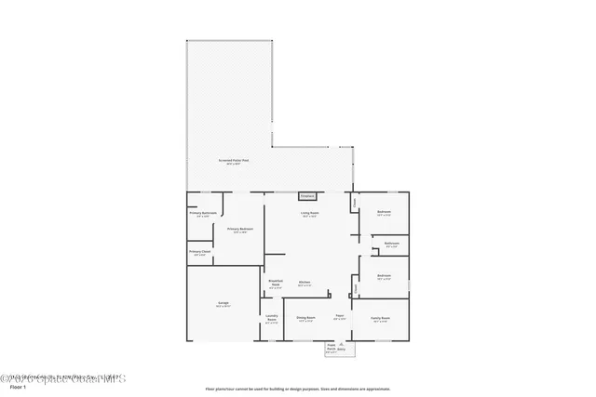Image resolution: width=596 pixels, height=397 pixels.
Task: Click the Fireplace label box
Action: pyautogui.click(x=307, y=196)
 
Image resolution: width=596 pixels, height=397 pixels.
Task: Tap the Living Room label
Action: pyautogui.click(x=308, y=214)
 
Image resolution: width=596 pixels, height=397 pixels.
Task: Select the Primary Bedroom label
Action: pyautogui.click(x=240, y=230)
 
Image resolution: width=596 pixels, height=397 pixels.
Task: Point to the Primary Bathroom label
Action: pyautogui.click(x=203, y=214)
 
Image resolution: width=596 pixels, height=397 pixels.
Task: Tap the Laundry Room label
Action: pyautogui.click(x=271, y=318)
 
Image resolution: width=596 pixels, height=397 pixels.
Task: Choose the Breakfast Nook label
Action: pyautogui.click(x=275, y=283)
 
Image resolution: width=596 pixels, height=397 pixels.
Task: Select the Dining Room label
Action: pyautogui.click(x=306, y=318)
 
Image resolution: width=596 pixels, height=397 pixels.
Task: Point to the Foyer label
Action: pyautogui.click(x=341, y=317)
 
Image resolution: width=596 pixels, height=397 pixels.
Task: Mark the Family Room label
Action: pyautogui.click(x=381, y=319)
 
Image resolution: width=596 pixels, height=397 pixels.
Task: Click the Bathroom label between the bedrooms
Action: pyautogui.click(x=391, y=245)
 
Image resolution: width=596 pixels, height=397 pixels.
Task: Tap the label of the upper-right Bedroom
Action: pyautogui.click(x=384, y=213)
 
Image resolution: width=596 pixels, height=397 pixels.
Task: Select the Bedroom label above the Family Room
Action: pyautogui.click(x=384, y=276)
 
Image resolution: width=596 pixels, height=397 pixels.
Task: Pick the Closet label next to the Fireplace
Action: pyautogui.click(x=354, y=199)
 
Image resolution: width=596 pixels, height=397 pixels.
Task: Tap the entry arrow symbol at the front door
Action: pyautogui.click(x=341, y=347)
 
